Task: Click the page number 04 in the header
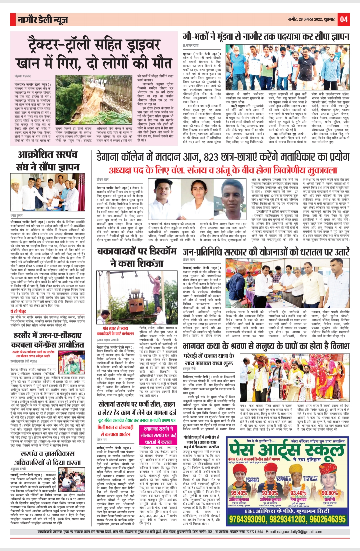pos(344,20)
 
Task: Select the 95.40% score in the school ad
pos(239,493)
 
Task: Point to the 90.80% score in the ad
pos(330,493)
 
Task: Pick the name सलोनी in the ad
pos(330,499)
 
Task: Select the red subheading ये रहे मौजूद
pos(18,311)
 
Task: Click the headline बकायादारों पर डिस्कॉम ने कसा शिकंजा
pos(137,257)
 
